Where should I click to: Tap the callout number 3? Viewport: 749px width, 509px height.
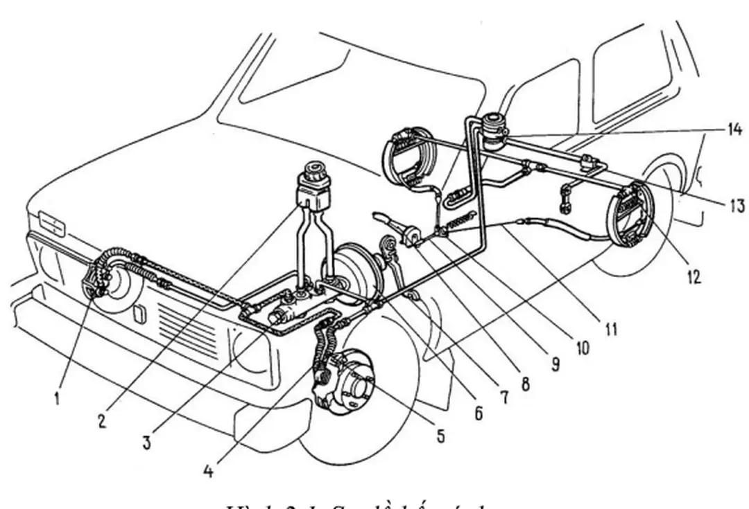click(x=146, y=443)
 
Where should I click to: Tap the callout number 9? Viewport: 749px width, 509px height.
click(x=555, y=364)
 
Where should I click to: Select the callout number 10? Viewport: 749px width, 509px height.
click(x=581, y=348)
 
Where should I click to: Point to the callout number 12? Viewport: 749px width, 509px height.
click(x=694, y=277)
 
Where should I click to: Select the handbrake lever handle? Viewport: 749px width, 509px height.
click(x=384, y=217)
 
